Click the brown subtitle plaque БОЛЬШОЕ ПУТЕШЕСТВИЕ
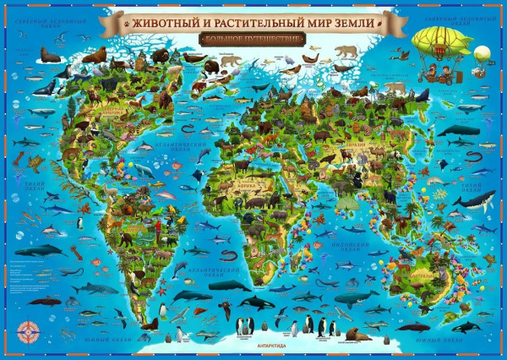(253, 38)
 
